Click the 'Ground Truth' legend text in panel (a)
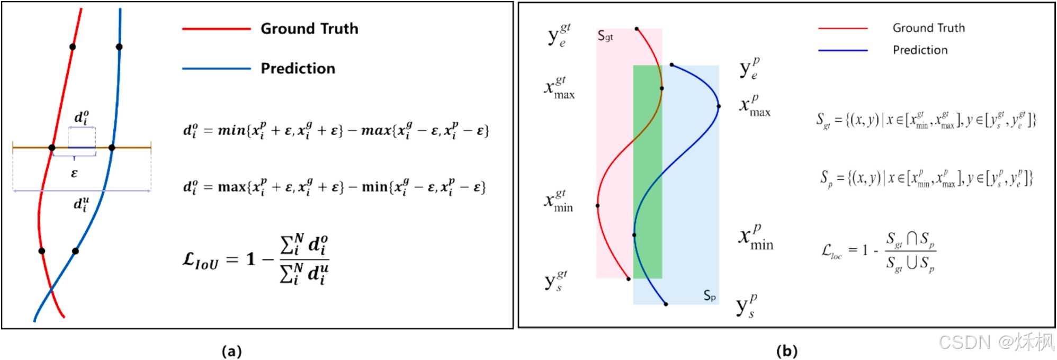(x=309, y=29)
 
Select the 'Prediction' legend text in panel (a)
(x=298, y=68)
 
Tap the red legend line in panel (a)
(x=216, y=29)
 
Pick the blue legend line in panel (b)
(x=843, y=50)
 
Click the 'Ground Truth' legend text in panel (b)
(x=928, y=28)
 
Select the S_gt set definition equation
(x=925, y=120)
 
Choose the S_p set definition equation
(x=926, y=178)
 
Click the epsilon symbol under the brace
(x=74, y=173)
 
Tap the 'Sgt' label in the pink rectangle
(x=605, y=36)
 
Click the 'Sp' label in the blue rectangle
(x=710, y=295)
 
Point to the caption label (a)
(x=231, y=351)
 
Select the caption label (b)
(x=786, y=351)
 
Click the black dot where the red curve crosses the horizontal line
(x=52, y=147)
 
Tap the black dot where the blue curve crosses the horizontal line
(x=112, y=147)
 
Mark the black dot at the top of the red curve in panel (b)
(x=637, y=29)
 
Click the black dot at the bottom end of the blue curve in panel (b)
(x=666, y=304)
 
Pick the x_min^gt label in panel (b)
(x=559, y=201)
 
